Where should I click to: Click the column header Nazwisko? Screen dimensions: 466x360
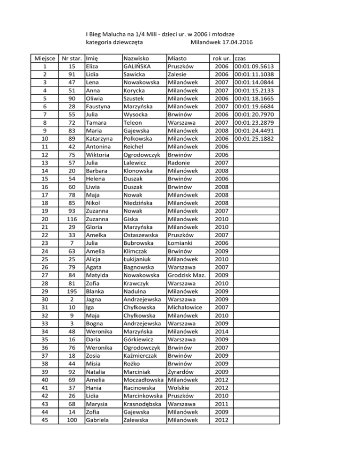(135, 59)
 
